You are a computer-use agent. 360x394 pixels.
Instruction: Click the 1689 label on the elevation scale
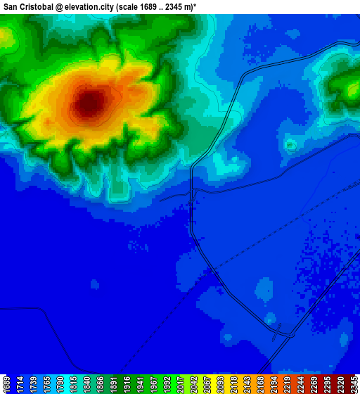pos(6,384)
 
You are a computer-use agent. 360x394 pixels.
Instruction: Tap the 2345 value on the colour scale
pos(353,384)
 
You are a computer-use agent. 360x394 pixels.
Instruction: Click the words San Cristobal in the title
pos(33,6)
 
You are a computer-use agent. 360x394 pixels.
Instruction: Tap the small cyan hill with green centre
pos(290,145)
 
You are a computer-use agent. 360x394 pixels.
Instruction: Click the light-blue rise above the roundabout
pos(264,289)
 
